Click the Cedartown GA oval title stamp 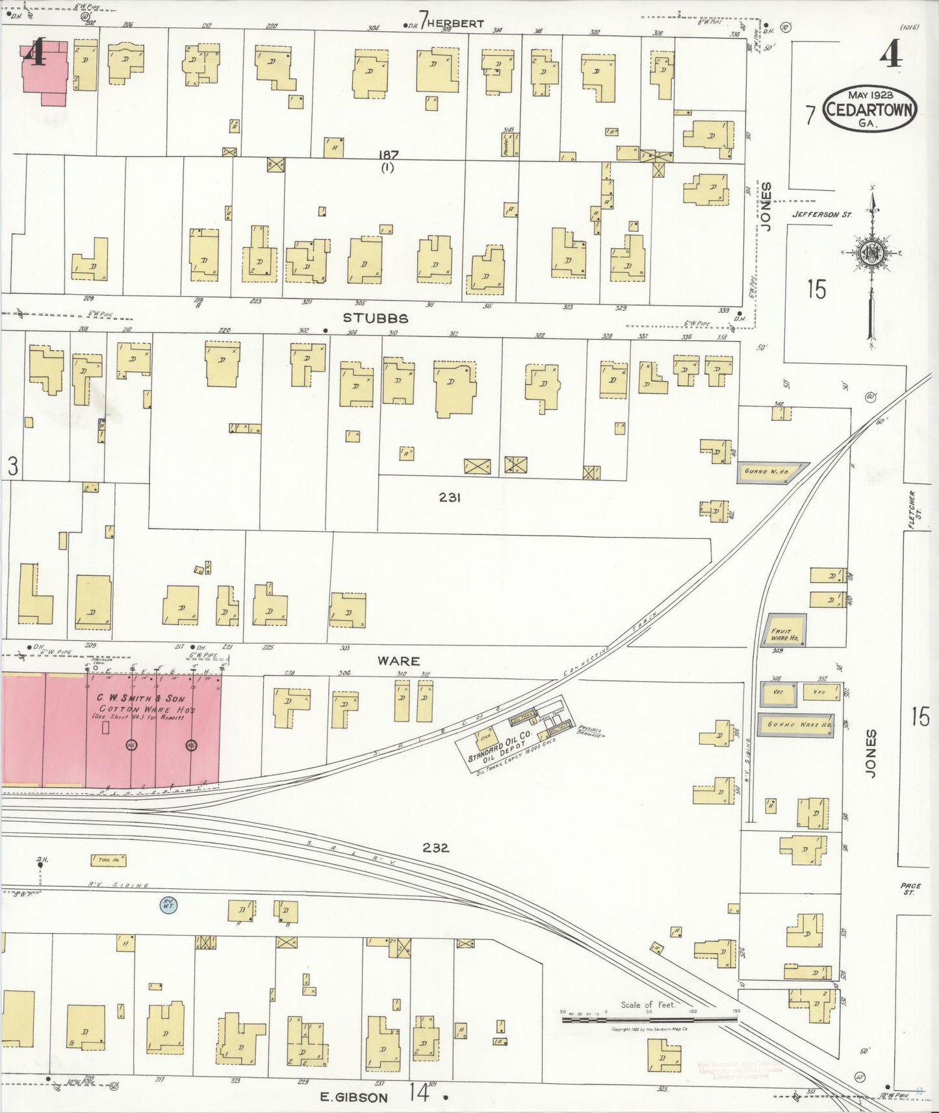click(870, 108)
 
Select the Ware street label click(398, 660)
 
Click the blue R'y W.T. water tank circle click(168, 904)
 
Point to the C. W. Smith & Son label click(140, 699)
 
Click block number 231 click(450, 497)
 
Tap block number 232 click(435, 847)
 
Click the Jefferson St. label click(821, 214)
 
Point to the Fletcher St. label click(912, 510)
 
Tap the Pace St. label click(908, 889)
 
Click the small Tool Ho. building click(109, 860)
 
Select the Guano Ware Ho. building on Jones click(799, 725)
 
